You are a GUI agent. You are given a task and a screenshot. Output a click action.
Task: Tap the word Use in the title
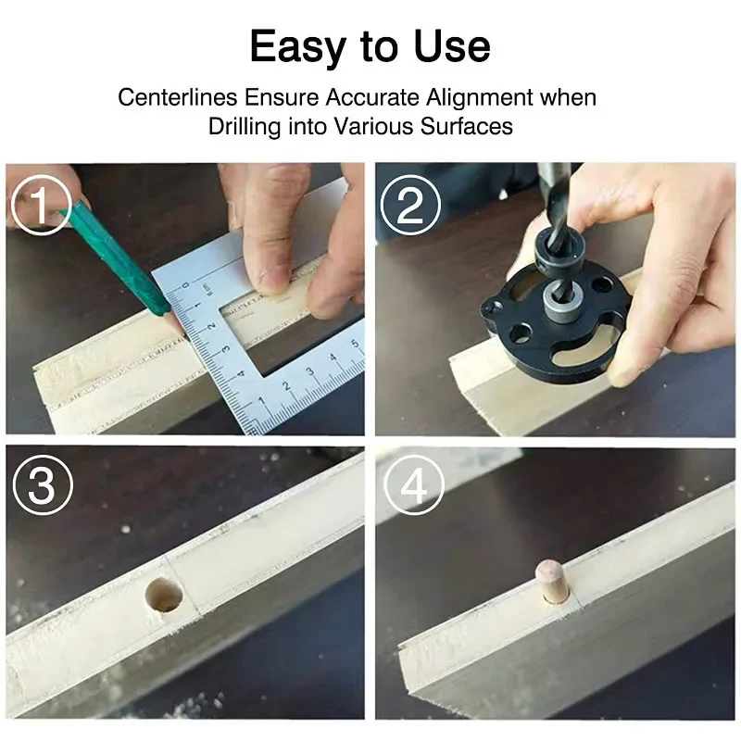coord(452,45)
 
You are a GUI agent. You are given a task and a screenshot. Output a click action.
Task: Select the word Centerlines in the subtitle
coord(177,97)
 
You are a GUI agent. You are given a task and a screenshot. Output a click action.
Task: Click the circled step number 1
coord(41,205)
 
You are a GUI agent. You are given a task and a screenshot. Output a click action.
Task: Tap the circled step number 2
coord(410,205)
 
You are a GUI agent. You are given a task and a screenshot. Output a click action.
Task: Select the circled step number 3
coord(43,484)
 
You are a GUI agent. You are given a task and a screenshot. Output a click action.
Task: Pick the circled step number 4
coord(414,484)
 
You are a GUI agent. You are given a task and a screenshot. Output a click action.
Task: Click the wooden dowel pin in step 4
coord(553,582)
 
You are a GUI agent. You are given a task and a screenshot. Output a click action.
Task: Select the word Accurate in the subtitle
coord(372,97)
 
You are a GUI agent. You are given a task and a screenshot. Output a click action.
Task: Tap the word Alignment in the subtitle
coord(480,98)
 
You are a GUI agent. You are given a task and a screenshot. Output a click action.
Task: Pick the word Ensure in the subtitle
coord(282,97)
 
